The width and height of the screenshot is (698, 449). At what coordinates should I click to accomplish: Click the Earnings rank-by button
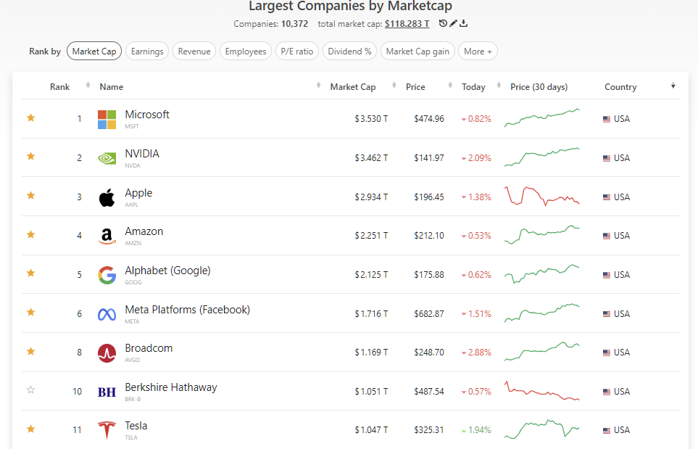tap(147, 52)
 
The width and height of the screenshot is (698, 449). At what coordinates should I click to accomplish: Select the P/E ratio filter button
tap(297, 52)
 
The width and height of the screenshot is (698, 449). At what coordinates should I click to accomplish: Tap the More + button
tap(478, 52)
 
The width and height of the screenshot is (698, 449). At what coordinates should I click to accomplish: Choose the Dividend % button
tap(349, 52)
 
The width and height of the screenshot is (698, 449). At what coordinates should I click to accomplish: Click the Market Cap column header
tap(353, 87)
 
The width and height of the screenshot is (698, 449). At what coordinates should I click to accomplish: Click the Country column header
tap(620, 87)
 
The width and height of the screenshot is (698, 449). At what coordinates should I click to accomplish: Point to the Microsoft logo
tap(107, 120)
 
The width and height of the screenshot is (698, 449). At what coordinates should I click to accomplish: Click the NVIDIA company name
tap(142, 154)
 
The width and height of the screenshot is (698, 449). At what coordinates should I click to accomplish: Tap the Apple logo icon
tap(107, 197)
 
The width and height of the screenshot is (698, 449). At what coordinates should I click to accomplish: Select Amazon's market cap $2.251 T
tap(371, 236)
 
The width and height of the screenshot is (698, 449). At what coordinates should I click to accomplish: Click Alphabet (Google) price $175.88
tap(429, 275)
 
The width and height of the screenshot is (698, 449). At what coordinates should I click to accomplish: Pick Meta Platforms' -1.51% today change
tap(476, 314)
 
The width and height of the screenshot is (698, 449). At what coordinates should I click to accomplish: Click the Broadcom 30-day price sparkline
tap(542, 351)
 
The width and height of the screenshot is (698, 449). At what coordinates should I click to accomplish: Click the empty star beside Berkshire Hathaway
tap(30, 390)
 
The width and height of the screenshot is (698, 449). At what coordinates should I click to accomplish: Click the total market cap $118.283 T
tap(407, 24)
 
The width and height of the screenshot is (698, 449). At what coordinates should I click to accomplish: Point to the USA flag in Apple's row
tap(607, 197)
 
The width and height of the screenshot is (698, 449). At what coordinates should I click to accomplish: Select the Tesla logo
tap(107, 430)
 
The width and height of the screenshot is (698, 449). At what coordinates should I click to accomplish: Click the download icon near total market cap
tap(464, 24)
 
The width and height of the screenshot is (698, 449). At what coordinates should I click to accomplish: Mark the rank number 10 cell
tap(77, 392)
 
